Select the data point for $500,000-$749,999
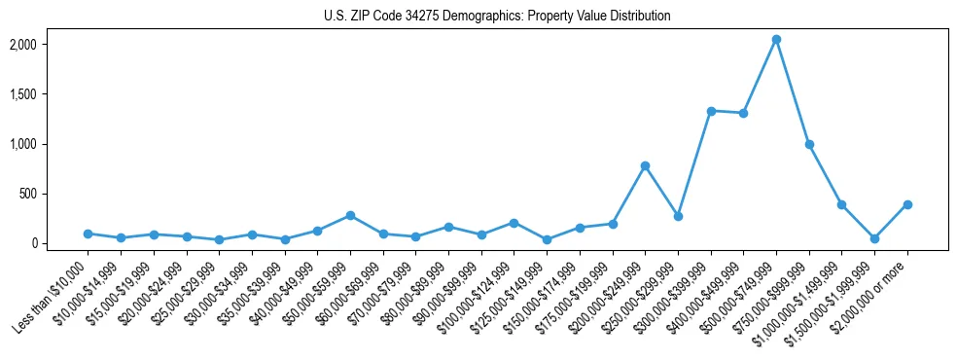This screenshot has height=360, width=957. (x=776, y=40)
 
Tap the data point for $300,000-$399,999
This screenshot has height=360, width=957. (x=711, y=111)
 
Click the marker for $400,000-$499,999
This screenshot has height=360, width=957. (x=743, y=113)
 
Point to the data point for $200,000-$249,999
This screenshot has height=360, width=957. (x=645, y=165)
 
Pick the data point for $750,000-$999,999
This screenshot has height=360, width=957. (x=809, y=144)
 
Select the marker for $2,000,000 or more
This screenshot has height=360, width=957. (x=907, y=204)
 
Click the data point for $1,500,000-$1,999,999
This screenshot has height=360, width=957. (x=874, y=238)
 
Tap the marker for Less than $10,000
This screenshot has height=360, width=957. (x=88, y=234)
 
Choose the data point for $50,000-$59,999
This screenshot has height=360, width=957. (x=350, y=215)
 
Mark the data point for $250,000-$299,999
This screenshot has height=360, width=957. (x=678, y=216)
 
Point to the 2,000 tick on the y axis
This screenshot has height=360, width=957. (x=22, y=45)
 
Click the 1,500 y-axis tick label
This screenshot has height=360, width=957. (x=22, y=94)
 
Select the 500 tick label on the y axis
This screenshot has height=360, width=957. (x=28, y=194)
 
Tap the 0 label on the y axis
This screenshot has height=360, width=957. (x=32, y=243)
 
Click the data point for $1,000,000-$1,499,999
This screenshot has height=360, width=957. (x=841, y=204)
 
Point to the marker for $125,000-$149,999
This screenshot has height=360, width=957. (x=547, y=239)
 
